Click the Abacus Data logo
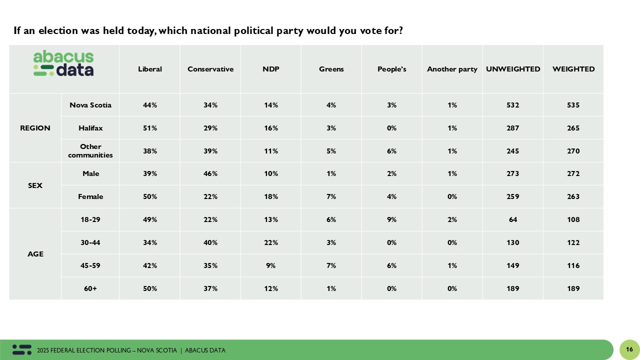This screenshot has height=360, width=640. (x=63, y=63)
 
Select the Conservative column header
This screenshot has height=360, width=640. (x=210, y=69)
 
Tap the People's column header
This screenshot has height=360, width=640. (x=391, y=69)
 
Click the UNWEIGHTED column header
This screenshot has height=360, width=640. (x=513, y=69)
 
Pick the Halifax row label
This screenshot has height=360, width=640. (x=90, y=128)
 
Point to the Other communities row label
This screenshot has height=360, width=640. (x=90, y=151)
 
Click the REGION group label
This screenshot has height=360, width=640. (x=35, y=128)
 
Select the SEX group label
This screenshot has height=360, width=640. (x=35, y=185)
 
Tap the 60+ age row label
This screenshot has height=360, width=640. (x=90, y=288)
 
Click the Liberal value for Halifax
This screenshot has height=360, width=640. (x=150, y=128)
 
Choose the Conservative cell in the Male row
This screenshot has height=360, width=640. (x=210, y=173)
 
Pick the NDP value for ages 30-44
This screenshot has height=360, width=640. (x=270, y=242)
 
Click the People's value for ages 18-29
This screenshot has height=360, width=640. (x=391, y=219)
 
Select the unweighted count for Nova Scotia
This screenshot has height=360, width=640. (x=513, y=105)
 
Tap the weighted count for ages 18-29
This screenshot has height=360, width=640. (x=573, y=219)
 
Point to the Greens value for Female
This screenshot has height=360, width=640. (x=331, y=196)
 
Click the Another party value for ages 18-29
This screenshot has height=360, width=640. (x=452, y=219)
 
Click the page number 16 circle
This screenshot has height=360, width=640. (x=629, y=349)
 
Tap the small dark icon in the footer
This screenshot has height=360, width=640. (x=22, y=350)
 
